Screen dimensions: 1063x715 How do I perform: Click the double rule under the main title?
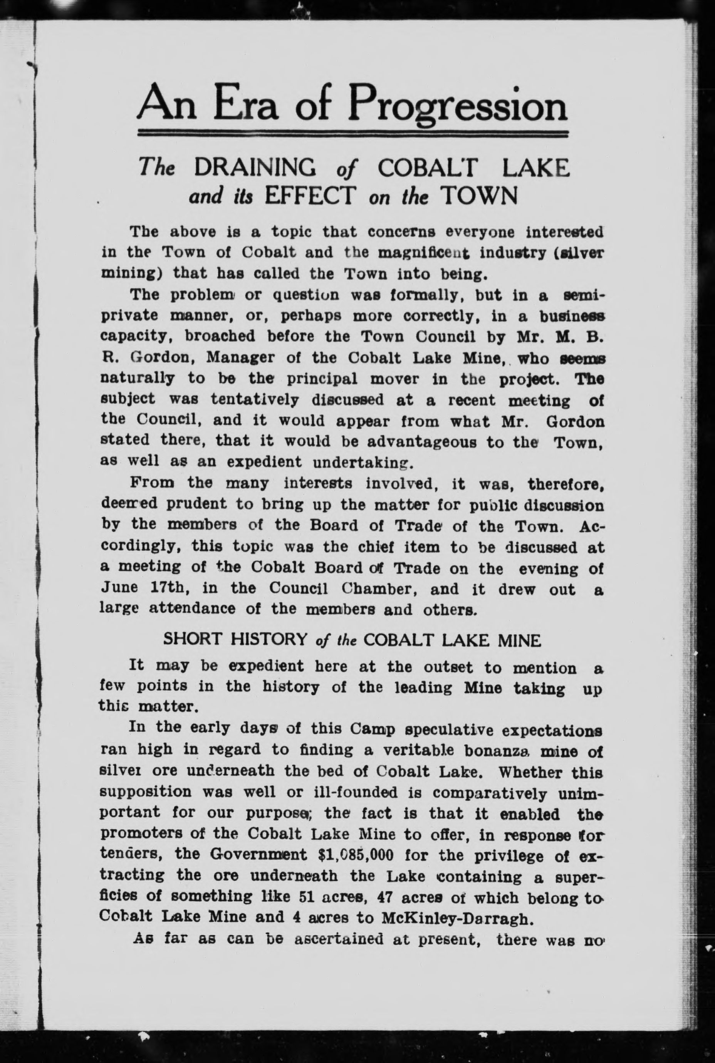click(x=353, y=134)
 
